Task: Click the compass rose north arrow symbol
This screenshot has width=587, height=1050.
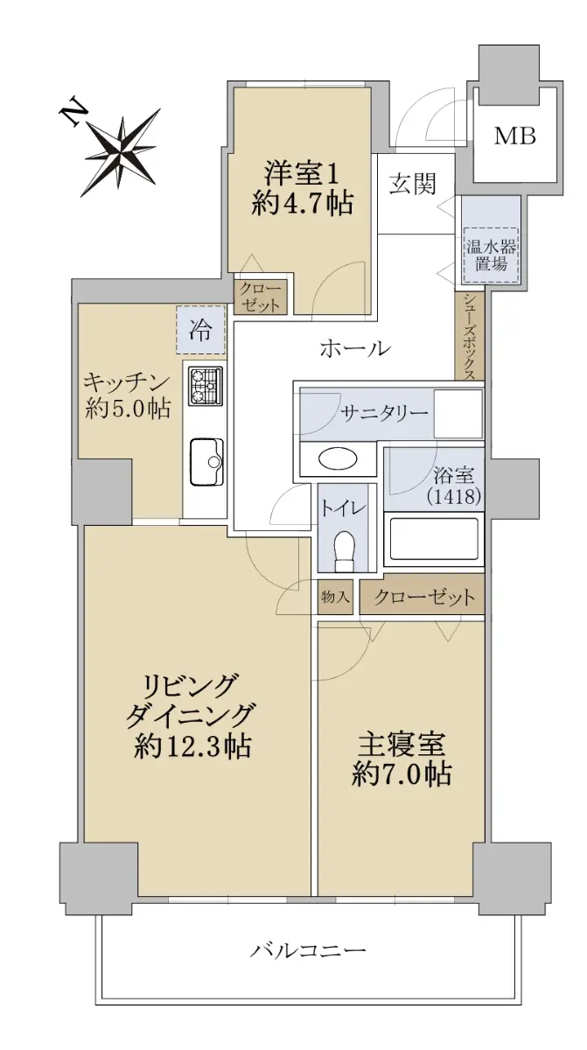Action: [121, 150]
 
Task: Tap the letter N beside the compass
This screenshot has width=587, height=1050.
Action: [74, 114]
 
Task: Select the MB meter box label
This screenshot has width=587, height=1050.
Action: [515, 136]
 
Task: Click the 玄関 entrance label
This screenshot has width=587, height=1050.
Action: [413, 184]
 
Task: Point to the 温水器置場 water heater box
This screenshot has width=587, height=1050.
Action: [491, 255]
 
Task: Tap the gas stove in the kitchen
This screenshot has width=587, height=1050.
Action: [206, 386]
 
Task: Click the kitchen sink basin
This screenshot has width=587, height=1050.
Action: [206, 463]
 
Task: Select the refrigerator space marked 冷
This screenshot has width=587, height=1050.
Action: [200, 329]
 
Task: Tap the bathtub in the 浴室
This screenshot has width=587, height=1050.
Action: [434, 538]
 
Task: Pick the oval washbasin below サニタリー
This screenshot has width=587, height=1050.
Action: [338, 458]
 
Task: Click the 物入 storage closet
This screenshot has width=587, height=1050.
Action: [335, 597]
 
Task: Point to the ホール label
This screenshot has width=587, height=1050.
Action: [355, 349]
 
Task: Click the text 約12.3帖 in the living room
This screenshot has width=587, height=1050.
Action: [192, 746]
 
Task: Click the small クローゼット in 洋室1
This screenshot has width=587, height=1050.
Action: [261, 297]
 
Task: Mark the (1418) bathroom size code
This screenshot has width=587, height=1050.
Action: [454, 496]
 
